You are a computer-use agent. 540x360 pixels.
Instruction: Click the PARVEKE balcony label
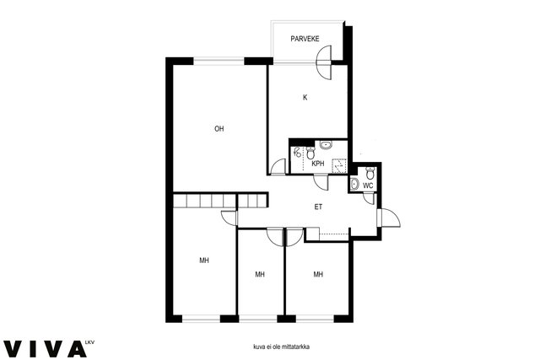tap(305, 39)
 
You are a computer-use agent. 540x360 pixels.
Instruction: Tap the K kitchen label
tap(305, 98)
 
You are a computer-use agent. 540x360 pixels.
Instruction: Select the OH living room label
tap(219, 129)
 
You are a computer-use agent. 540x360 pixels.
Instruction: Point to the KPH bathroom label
tap(317, 164)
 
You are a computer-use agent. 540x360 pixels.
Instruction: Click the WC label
tap(368, 185)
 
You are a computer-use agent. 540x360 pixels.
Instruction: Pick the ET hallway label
tap(318, 207)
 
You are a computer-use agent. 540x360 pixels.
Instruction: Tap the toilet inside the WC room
tap(370, 173)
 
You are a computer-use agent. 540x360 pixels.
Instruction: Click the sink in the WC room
tap(354, 185)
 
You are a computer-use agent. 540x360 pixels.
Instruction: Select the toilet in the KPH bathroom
tap(310, 153)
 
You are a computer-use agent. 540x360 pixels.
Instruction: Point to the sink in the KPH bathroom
tap(326, 144)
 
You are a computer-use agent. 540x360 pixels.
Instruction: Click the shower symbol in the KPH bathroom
tap(297, 152)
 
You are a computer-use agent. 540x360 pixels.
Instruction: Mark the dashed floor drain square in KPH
tap(339, 166)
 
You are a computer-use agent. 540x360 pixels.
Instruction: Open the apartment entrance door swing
tap(389, 218)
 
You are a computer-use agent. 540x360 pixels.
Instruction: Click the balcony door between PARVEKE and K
tap(324, 62)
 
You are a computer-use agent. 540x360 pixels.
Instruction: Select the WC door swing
tap(370, 199)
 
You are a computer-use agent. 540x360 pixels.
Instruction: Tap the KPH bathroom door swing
tap(321, 182)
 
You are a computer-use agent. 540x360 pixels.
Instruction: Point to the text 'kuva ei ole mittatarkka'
tap(281, 347)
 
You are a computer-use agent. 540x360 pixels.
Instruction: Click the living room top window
tap(219, 62)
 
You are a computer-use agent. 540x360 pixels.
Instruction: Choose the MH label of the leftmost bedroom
tap(204, 261)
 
